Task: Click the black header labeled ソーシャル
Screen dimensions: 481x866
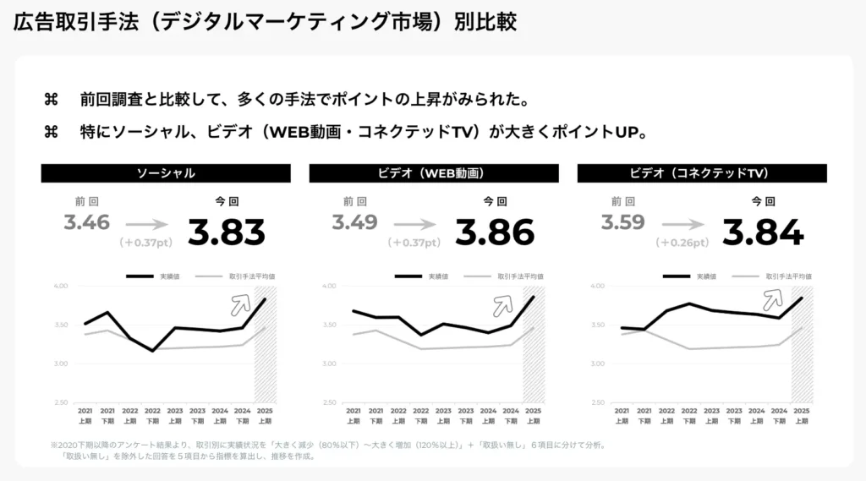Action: pyautogui.click(x=166, y=173)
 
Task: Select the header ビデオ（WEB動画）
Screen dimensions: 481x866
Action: pyautogui.click(x=433, y=173)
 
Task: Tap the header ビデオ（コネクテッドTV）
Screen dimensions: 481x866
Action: pyautogui.click(x=701, y=173)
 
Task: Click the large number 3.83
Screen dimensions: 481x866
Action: pyautogui.click(x=226, y=232)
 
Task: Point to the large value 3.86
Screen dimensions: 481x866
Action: pyautogui.click(x=495, y=232)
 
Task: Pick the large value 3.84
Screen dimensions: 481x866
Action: pyautogui.click(x=763, y=232)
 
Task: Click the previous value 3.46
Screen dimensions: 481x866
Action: pyautogui.click(x=87, y=223)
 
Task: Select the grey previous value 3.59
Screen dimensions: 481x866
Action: pyautogui.click(x=623, y=223)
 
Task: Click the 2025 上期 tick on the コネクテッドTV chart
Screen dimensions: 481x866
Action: pyautogui.click(x=801, y=415)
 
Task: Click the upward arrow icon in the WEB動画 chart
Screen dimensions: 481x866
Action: pyautogui.click(x=505, y=305)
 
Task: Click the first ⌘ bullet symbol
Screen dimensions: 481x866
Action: pyautogui.click(x=51, y=101)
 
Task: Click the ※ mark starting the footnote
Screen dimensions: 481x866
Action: pyautogui.click(x=53, y=445)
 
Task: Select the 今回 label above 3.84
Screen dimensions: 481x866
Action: pyautogui.click(x=763, y=202)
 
